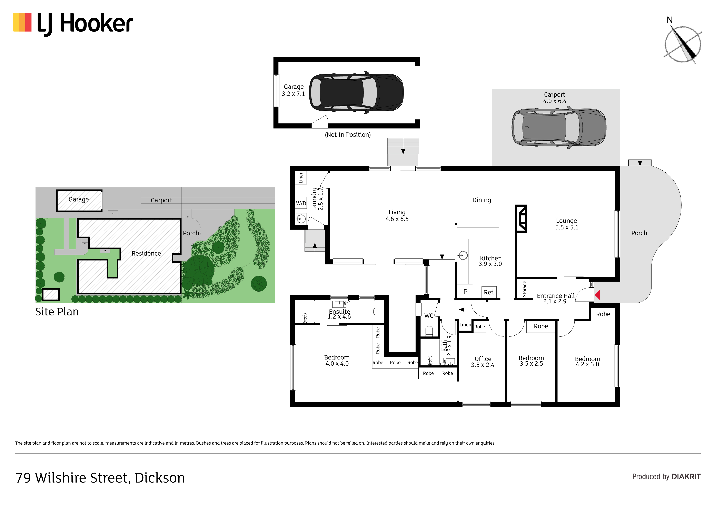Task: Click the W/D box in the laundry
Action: (301, 203)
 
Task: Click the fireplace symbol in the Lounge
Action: (521, 219)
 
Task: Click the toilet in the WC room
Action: (429, 331)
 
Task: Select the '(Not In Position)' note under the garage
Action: (348, 135)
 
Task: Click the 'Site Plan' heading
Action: (57, 312)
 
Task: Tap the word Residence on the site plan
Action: (146, 253)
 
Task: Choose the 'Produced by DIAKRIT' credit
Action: (666, 477)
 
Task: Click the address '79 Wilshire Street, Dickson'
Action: (100, 478)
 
